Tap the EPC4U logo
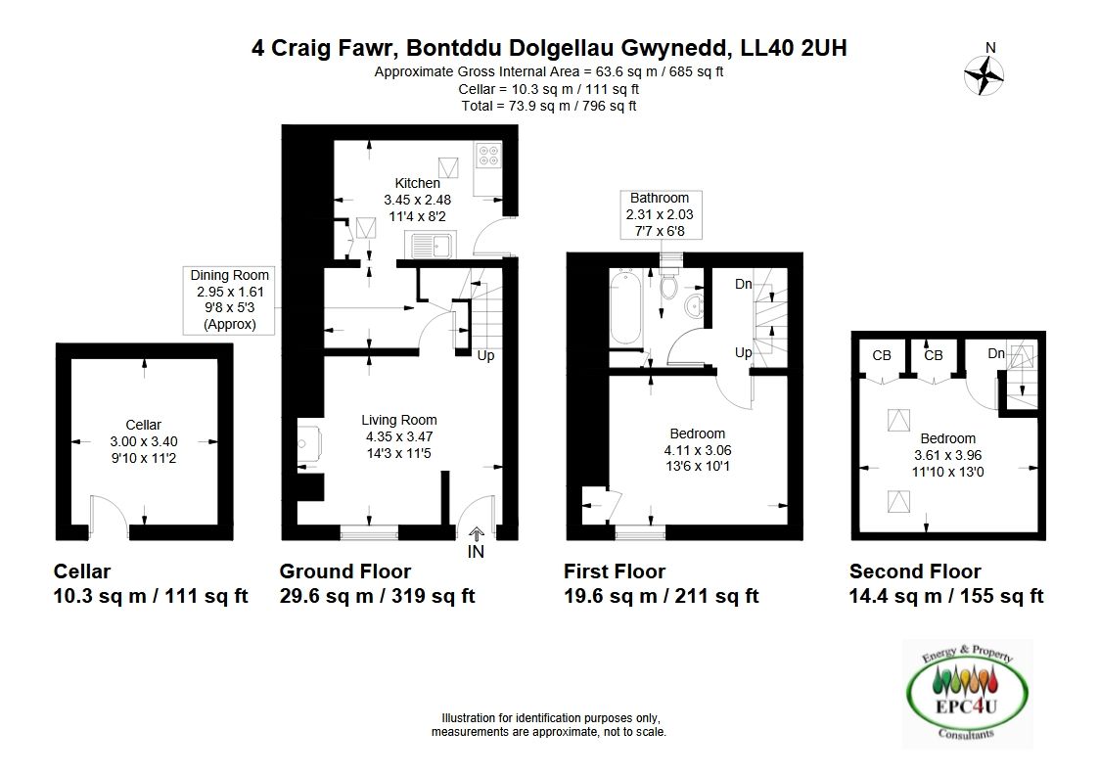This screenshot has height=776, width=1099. [967, 693]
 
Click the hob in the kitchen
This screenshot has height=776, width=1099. [487, 156]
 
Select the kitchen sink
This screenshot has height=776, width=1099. [431, 246]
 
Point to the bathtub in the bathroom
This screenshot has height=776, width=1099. [625, 308]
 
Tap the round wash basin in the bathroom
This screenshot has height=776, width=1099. [694, 306]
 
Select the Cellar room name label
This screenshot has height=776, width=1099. [143, 425]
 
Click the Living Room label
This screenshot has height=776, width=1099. [399, 420]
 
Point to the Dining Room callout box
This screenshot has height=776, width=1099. [229, 300]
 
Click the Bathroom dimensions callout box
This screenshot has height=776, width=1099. [660, 214]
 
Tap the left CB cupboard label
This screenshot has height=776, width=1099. [882, 355]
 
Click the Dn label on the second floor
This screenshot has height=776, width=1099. [996, 353]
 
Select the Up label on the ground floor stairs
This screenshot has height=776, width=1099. [485, 355]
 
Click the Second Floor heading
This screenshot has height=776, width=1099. [915, 571]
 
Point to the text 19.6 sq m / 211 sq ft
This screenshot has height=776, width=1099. [661, 596]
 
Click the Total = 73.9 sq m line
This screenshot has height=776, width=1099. [549, 106]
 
